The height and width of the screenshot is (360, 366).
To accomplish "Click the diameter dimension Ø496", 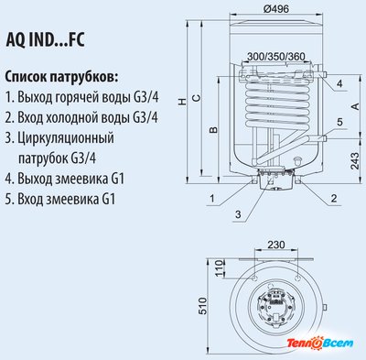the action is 275,8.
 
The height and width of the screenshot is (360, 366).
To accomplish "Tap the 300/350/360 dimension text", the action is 275,57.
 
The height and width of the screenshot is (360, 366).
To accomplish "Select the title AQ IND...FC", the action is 45,39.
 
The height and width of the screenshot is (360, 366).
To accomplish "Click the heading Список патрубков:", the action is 61,77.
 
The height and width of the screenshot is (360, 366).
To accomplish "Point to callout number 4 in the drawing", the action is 339,83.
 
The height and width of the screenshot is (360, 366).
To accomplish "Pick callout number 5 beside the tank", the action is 339,122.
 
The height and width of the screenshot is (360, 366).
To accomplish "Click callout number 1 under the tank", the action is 212,199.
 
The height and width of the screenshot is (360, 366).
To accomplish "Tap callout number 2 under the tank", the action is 334,199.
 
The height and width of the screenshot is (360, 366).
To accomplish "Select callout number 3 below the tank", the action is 238,214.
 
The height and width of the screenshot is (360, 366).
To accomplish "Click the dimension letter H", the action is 182,101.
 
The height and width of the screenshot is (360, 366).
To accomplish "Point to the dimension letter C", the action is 197,98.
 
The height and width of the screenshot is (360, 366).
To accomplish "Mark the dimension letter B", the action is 214,130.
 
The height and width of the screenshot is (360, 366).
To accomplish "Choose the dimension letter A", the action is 355,106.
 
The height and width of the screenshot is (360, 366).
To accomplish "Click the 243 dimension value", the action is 355,161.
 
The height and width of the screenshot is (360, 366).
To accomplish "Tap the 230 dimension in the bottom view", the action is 276,245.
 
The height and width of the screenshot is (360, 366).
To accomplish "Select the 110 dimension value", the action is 220,268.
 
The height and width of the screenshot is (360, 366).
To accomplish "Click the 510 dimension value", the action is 202,306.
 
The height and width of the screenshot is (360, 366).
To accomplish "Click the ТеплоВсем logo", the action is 319,343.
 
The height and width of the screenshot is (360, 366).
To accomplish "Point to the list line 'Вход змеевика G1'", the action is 60,200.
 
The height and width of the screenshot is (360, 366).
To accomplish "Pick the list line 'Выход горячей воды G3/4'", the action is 82,98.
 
